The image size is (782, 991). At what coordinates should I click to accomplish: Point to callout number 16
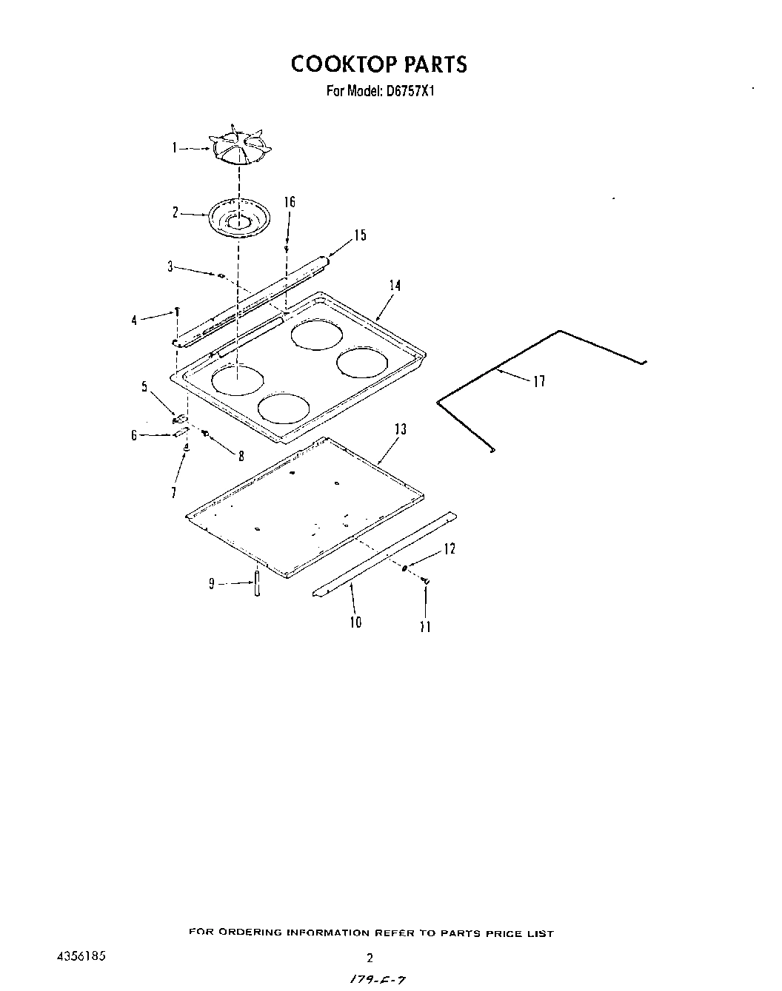(x=289, y=202)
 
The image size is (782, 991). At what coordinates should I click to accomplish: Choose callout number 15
(x=359, y=235)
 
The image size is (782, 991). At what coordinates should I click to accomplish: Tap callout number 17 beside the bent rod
(x=539, y=381)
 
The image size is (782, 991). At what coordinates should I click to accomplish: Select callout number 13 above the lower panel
(x=400, y=429)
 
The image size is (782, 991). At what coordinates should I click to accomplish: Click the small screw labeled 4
(x=178, y=311)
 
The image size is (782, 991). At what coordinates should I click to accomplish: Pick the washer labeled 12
(x=405, y=568)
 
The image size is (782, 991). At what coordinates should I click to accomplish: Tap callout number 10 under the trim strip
(x=356, y=622)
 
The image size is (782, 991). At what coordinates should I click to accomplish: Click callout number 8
(x=241, y=457)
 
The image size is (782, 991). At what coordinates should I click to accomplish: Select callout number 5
(x=145, y=386)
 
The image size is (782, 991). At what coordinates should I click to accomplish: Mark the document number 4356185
(x=81, y=956)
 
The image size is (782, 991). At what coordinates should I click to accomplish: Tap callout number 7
(x=173, y=492)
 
